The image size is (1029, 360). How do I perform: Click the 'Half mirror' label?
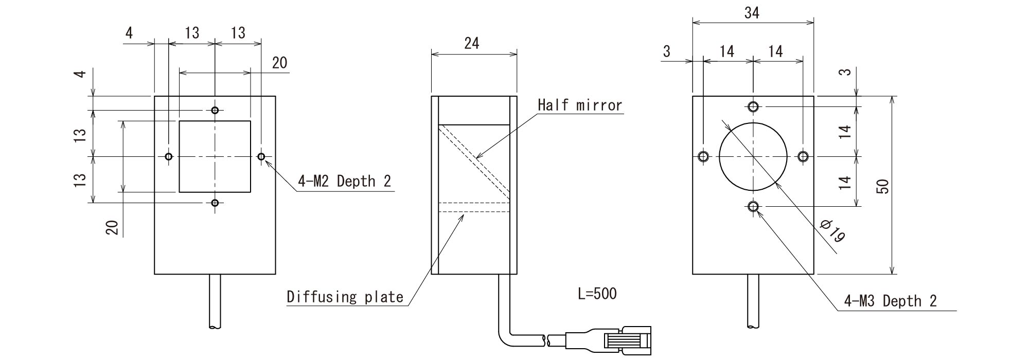580,105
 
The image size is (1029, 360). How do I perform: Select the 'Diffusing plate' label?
345,297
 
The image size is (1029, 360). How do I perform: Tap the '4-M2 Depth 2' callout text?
345,182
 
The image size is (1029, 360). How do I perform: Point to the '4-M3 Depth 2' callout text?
890,301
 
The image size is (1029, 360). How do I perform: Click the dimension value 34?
752,13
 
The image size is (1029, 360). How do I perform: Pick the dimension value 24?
471,44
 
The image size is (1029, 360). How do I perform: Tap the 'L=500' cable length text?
597,294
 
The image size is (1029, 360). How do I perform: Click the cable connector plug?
625,340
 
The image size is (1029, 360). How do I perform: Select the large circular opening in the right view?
753,156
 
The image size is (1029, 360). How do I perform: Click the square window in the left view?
215,156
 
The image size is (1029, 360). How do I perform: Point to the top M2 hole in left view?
215,110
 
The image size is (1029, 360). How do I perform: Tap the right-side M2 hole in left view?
261,156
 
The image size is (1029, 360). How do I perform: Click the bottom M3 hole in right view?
753,207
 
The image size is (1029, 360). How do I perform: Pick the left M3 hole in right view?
703,156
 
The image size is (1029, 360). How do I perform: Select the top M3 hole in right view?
753,107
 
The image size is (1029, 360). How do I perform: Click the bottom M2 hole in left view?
215,203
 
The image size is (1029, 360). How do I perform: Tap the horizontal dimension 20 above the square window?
279,63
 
